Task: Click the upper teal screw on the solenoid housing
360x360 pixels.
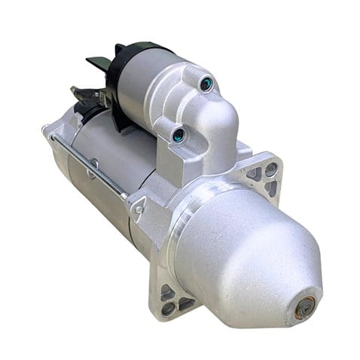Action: tap(206, 84)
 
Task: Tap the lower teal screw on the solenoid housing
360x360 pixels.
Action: tap(178, 136)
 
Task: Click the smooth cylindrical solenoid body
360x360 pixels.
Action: tap(143, 83)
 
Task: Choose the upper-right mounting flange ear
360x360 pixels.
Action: tap(264, 177)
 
